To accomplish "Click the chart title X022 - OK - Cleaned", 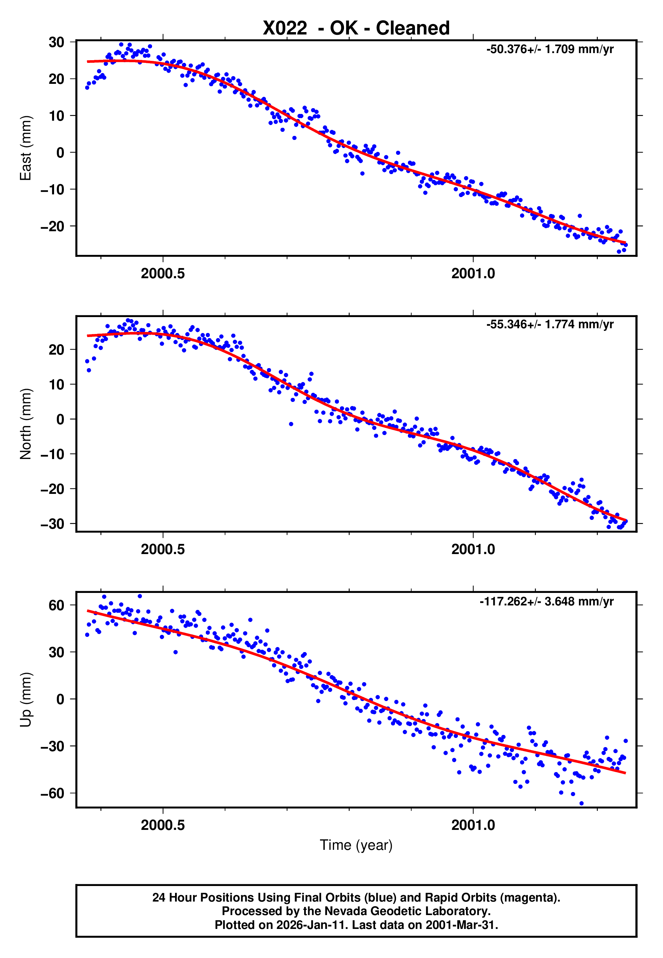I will click(x=356, y=28).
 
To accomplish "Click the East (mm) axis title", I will click(x=26, y=148).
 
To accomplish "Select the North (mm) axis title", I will click(x=26, y=424).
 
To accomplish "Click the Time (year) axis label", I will click(x=356, y=845).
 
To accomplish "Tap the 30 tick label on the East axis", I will click(x=56, y=42).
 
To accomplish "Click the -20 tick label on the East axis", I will click(x=52, y=226).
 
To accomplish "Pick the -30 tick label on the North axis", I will click(x=52, y=524).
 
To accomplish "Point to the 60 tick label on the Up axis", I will click(x=56, y=605).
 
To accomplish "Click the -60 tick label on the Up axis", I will click(x=52, y=793).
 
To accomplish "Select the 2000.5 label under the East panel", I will click(x=163, y=273).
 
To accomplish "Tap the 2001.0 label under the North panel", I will click(x=473, y=549).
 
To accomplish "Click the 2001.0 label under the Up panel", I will click(x=473, y=825).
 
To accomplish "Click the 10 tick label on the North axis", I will click(x=56, y=384).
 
